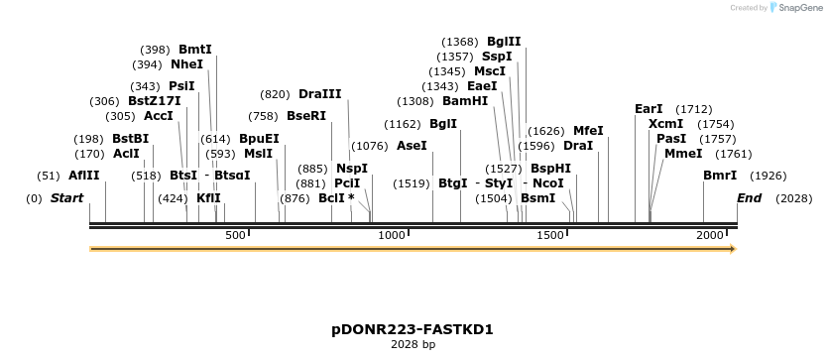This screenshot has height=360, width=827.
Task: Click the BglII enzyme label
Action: (504, 42)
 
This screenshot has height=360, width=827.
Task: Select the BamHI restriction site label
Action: (465, 101)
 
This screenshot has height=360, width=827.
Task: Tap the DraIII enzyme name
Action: (319, 94)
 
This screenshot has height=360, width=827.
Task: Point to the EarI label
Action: (649, 109)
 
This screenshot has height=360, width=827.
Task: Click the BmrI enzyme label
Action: (720, 176)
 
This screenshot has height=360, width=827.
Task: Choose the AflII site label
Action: (84, 176)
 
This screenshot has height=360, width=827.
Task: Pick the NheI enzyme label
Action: (186, 64)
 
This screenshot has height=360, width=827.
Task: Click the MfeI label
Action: (588, 131)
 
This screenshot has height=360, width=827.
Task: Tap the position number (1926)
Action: (769, 176)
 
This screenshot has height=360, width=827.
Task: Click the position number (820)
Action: (275, 94)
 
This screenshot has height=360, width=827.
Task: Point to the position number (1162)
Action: (403, 124)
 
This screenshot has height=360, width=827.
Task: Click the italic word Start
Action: (66, 198)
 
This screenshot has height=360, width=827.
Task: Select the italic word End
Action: (749, 198)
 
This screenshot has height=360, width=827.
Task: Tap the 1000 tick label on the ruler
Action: (392, 235)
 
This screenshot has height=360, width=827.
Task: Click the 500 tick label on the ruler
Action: (235, 235)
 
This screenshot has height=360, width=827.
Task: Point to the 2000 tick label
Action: (710, 235)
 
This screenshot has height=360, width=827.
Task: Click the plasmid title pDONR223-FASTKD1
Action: (413, 329)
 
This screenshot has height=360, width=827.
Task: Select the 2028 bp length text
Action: (413, 345)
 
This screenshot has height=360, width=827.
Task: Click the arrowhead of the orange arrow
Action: (733, 249)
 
